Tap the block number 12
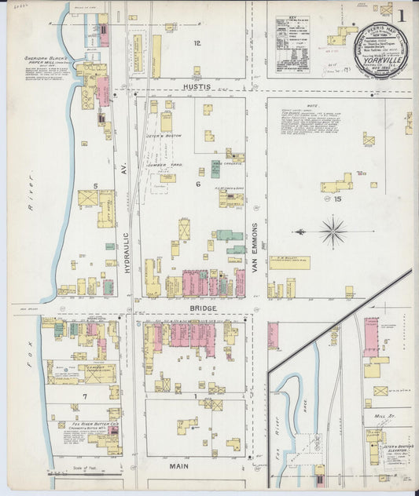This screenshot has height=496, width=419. [x=197, y=43]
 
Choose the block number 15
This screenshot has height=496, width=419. [x=338, y=200]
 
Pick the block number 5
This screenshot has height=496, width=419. [x=95, y=186]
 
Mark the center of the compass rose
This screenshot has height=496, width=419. [x=333, y=232]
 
